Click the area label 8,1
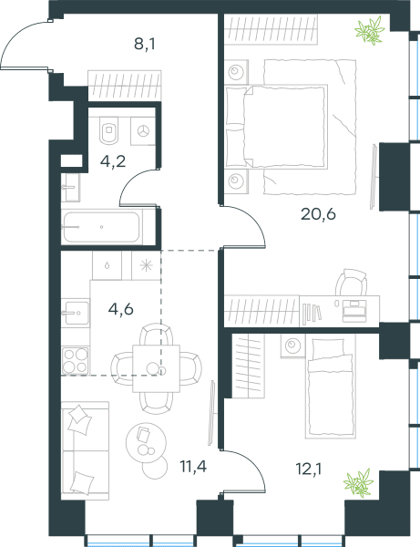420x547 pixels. [x=145, y=45]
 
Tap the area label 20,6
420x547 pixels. [x=318, y=214]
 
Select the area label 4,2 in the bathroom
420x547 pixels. [x=113, y=161]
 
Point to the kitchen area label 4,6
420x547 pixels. [x=120, y=309]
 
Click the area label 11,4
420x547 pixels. [x=193, y=466]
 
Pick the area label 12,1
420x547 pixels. [x=309, y=470]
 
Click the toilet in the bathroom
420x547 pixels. [x=109, y=130]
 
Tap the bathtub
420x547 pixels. [x=102, y=227]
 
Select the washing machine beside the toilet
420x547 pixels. [x=143, y=131]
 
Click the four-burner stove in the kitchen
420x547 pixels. [x=76, y=360]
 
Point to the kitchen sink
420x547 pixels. [x=76, y=313]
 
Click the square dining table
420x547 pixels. [x=156, y=368]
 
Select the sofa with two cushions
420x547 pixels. [x=85, y=450]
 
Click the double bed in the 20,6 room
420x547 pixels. [x=276, y=127]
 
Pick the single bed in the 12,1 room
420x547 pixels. [x=331, y=387]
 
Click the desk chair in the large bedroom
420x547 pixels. [x=352, y=283]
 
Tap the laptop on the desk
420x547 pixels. [x=354, y=311]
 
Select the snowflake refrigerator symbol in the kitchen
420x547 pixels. [x=146, y=266]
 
